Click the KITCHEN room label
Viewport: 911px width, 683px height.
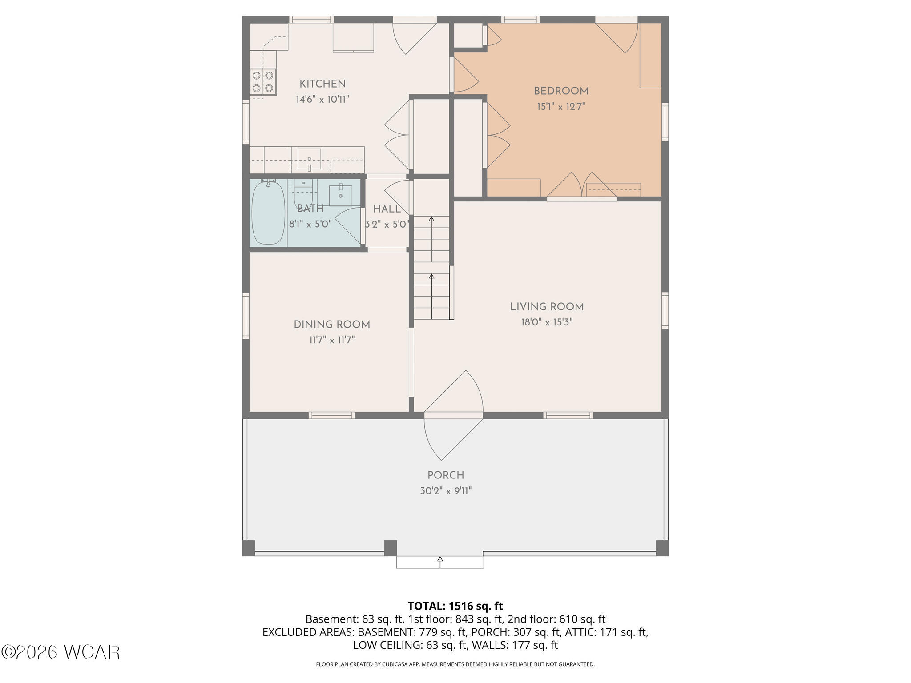(322, 84)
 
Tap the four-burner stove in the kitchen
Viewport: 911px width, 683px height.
(262, 82)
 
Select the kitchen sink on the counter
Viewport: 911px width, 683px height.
(309, 160)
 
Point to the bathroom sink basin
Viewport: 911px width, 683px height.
(341, 196)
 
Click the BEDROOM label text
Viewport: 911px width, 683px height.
(561, 91)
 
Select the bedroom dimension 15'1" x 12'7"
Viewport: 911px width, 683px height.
(561, 107)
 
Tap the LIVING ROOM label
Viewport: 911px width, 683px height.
(547, 307)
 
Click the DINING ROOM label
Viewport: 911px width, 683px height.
(332, 325)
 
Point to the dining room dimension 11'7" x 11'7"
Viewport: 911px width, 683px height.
(332, 340)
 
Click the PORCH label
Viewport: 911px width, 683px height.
(446, 475)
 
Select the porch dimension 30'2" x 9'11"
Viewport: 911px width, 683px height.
(446, 491)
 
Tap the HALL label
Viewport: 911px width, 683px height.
(387, 209)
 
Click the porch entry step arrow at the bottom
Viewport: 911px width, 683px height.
(440, 562)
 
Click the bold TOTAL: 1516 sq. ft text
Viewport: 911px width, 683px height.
(455, 606)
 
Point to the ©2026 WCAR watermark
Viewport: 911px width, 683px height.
(60, 652)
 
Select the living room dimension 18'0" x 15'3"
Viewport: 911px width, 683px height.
(547, 322)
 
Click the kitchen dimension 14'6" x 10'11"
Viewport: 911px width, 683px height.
(322, 99)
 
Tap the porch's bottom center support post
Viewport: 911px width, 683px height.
(390, 548)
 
